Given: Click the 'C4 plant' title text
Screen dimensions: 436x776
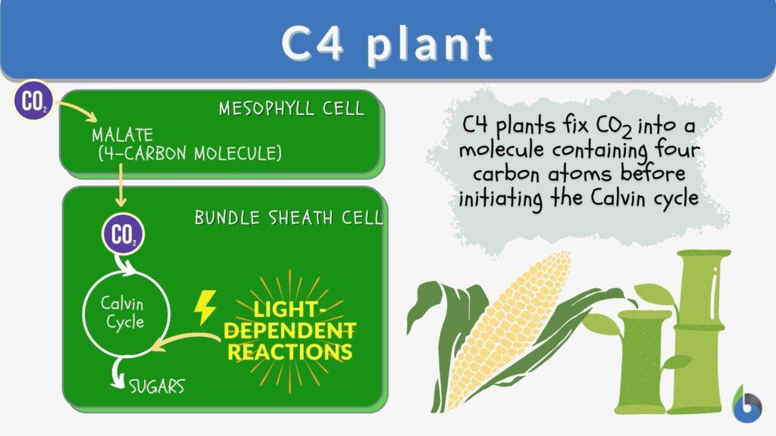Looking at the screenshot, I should point(387,45).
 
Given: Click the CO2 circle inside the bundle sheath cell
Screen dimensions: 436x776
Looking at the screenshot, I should point(122,235).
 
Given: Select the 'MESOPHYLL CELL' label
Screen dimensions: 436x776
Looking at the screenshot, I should point(292,108).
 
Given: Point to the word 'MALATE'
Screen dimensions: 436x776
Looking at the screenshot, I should point(122,136).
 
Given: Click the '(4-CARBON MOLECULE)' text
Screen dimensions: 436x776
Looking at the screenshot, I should point(189,154).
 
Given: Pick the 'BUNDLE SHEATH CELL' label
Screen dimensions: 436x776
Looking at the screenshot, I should point(289,218).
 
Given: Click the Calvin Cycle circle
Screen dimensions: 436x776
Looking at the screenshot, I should point(122,312).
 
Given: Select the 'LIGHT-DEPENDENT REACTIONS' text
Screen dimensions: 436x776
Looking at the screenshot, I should point(292,331).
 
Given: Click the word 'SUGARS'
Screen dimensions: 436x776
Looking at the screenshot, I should point(156,387).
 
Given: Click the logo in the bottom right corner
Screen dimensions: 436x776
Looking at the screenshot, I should point(747,403).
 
